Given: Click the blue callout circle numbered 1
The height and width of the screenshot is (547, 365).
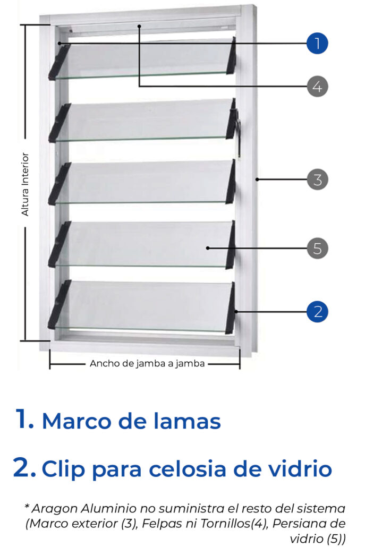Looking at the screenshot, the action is pos(317,44).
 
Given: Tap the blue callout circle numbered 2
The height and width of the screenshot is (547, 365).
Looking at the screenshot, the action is pos(318,312).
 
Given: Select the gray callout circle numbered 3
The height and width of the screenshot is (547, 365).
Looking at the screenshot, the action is pos(317,180).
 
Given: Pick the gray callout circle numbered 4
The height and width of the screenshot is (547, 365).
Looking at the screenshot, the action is pos(317,86).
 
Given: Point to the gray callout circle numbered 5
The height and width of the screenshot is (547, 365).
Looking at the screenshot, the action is pos(317,249).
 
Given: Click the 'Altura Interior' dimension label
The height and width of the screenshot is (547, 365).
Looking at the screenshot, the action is pos(25,184).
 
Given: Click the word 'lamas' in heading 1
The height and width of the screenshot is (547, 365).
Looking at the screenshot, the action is pos(187,421).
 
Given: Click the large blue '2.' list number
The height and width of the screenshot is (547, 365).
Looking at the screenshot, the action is pos(24,467).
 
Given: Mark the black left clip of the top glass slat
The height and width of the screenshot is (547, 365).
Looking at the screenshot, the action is pos(60,62).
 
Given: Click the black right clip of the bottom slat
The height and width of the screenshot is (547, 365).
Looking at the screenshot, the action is pos(230,308).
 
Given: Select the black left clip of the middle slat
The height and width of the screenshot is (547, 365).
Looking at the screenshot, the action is pos(60,184).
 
